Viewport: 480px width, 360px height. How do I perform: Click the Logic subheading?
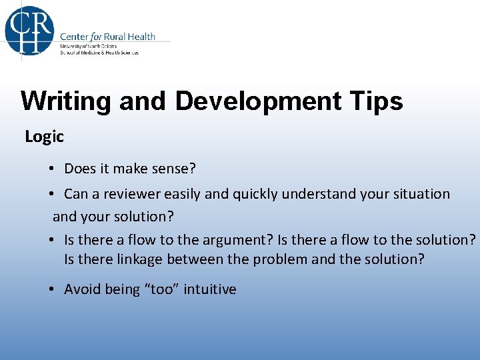pyautogui.click(x=44, y=137)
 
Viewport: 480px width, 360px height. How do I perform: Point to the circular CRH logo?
pyautogui.click(x=29, y=30)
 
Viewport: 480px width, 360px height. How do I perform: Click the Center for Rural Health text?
pyautogui.click(x=107, y=37)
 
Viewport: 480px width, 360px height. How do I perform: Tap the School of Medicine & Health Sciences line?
pyautogui.click(x=99, y=53)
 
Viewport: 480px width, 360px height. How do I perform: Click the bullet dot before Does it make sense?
pyautogui.click(x=51, y=169)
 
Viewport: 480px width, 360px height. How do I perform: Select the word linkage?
pyautogui.click(x=132, y=259)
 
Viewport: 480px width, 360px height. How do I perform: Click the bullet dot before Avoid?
pyautogui.click(x=51, y=289)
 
